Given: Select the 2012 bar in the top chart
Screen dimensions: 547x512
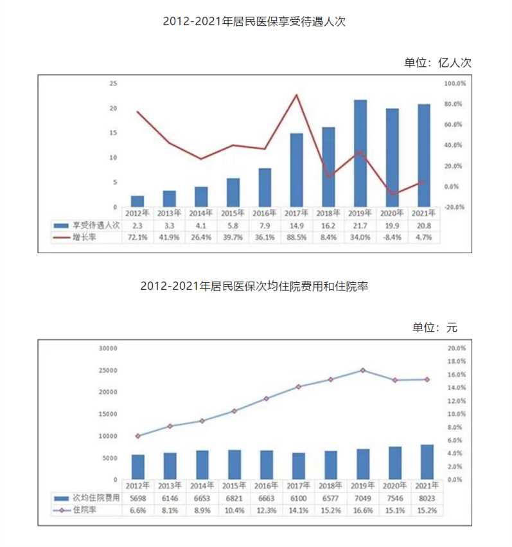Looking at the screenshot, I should (x=137, y=201).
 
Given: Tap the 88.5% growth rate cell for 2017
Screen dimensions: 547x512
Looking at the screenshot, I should (x=296, y=238).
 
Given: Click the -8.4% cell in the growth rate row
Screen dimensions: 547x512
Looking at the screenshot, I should (x=391, y=238).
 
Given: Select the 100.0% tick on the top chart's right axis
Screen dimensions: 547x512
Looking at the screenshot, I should (x=454, y=84).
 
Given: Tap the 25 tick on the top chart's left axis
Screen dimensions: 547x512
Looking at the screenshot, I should (x=113, y=84).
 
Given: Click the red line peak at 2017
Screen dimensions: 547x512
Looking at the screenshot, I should (x=296, y=95).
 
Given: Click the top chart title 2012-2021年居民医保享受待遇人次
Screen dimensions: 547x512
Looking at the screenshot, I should (x=255, y=21).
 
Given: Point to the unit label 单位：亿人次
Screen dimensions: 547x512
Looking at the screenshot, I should (x=437, y=62).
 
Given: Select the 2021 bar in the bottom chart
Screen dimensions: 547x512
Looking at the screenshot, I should (x=427, y=462).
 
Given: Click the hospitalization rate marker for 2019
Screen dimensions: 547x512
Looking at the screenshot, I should (x=362, y=370).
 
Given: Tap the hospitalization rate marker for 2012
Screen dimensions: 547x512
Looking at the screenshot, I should (x=138, y=436).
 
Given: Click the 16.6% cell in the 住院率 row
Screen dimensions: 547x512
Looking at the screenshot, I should (x=362, y=510).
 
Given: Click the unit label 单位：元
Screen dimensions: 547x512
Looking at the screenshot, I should (x=435, y=327).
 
